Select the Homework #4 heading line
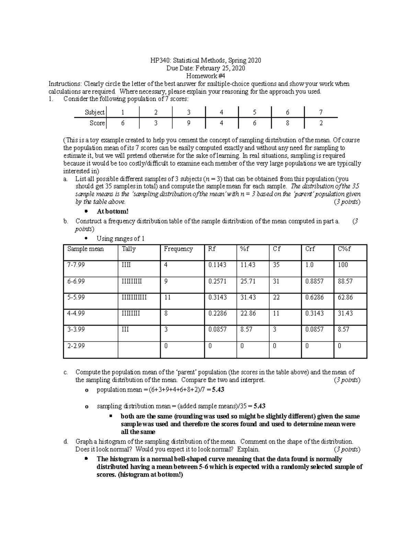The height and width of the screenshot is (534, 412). pos(206,76)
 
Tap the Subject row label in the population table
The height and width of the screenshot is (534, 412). pos(94,112)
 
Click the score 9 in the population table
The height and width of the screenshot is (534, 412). pos(188,123)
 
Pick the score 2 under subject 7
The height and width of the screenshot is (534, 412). pos(321,123)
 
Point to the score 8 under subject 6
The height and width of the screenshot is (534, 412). pos(287,123)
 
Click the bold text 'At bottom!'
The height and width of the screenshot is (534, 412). pos(113,211)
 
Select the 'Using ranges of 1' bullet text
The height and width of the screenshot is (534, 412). pos(121,239)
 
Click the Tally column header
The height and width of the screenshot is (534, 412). pos(129,249)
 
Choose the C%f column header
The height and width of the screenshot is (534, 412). pos(344,249)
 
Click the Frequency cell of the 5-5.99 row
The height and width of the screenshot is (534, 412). pos(167,297)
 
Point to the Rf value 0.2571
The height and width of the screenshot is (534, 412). pos(217,281)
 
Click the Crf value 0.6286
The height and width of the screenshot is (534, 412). pos(314,297)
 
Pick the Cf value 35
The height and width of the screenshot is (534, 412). pos(276,265)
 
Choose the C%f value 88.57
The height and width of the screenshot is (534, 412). pos(345,281)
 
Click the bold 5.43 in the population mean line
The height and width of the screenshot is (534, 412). pos(218,390)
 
